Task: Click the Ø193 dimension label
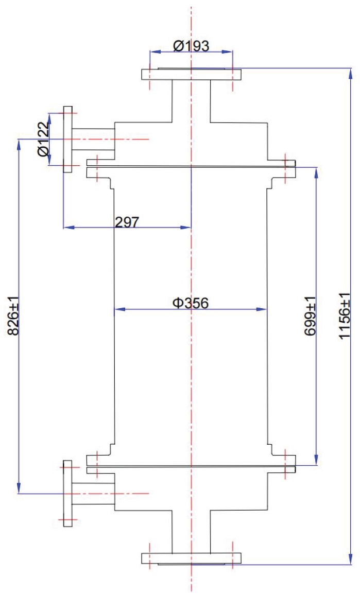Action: [x=191, y=46]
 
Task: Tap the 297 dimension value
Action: [x=127, y=221]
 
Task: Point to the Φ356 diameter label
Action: [x=191, y=303]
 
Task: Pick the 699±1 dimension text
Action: [x=310, y=316]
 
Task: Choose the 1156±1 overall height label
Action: [x=345, y=316]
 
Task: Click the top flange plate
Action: [x=191, y=74]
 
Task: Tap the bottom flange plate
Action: [x=191, y=558]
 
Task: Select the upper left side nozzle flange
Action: [x=67, y=139]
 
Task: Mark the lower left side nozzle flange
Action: [x=67, y=493]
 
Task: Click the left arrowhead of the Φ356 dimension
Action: [x=116, y=309]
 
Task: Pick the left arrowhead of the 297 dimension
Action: [x=66, y=227]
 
